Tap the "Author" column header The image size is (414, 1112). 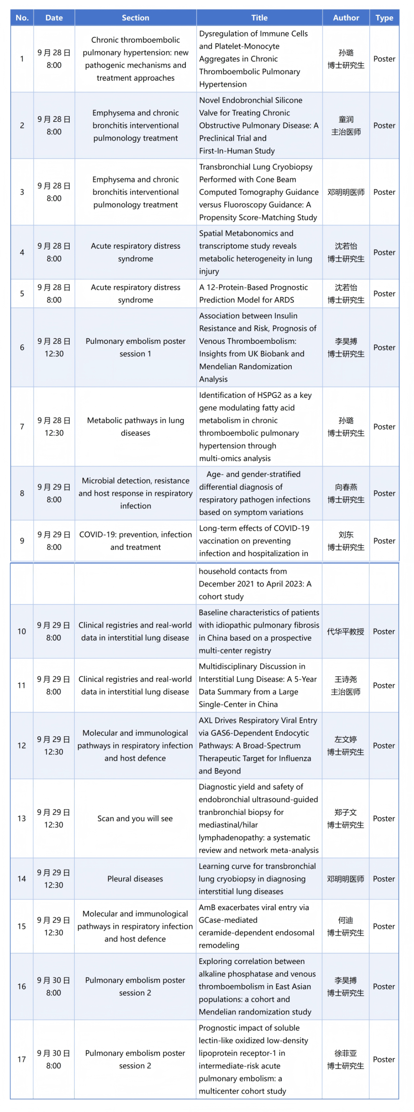tap(346, 18)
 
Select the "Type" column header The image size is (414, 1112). tap(384, 18)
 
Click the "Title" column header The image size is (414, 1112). tap(259, 18)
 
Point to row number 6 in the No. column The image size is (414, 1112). tap(22, 348)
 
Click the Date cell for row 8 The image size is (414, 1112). tap(54, 493)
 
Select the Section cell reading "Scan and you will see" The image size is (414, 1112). tap(135, 818)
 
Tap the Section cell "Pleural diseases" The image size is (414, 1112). tap(135, 879)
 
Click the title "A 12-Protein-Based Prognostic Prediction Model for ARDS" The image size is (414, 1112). tap(253, 294)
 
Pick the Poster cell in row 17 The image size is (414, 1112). tap(383, 1059)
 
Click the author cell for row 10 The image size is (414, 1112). tap(345, 632)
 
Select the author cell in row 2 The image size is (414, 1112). tap(346, 126)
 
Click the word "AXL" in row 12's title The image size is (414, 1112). tap(205, 721)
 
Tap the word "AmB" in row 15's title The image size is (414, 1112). tap(206, 908)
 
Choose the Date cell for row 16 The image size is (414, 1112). tap(54, 986)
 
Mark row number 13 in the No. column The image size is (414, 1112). tap(21, 818)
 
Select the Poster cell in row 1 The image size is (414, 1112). tap(384, 59)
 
